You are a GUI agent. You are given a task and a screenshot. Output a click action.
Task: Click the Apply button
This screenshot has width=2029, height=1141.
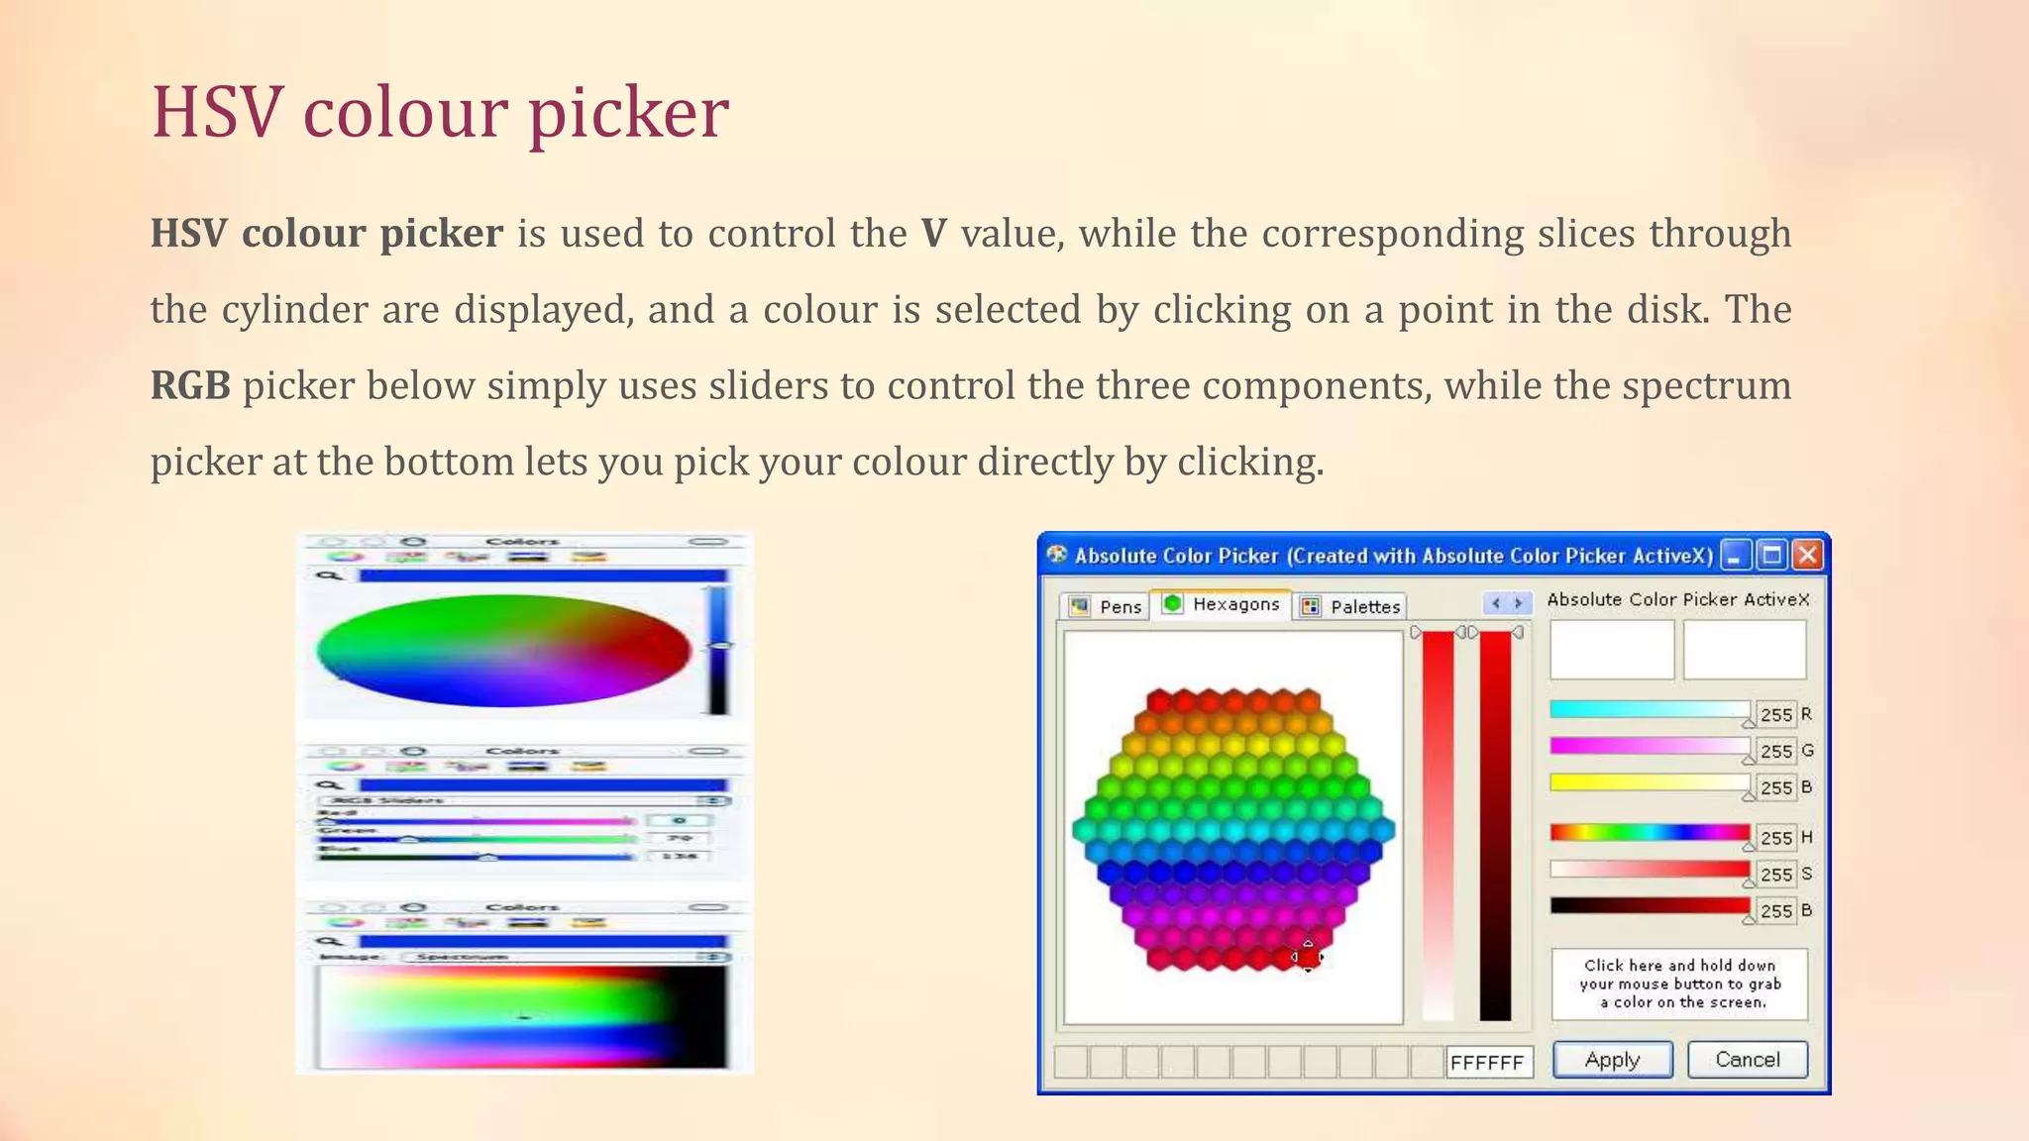pyautogui.click(x=1612, y=1060)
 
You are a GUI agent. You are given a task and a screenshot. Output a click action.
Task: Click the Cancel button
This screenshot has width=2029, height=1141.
pyautogui.click(x=1747, y=1060)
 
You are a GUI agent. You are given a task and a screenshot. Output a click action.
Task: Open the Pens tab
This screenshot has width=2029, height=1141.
pyautogui.click(x=1107, y=606)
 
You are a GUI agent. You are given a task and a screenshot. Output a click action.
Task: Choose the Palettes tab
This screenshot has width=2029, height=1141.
pyautogui.click(x=1351, y=606)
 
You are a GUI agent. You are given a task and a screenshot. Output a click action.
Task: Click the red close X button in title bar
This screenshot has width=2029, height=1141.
pyautogui.click(x=1808, y=555)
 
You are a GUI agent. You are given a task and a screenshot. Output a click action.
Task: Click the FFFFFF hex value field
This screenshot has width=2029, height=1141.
pyautogui.click(x=1488, y=1063)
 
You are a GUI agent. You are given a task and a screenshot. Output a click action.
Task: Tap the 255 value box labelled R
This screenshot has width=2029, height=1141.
pyautogui.click(x=1775, y=714)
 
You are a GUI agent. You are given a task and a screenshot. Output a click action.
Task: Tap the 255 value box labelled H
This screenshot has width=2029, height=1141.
pyautogui.click(x=1775, y=838)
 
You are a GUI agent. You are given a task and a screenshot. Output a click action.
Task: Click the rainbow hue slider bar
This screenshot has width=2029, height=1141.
pyautogui.click(x=1649, y=832)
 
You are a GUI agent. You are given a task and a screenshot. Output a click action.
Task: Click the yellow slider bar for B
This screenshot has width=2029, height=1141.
pyautogui.click(x=1649, y=782)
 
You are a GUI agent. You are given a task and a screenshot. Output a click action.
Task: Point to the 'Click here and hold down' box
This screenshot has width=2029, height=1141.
pyautogui.click(x=1679, y=984)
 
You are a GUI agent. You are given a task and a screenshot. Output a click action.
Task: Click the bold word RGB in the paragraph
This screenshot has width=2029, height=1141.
pyautogui.click(x=190, y=385)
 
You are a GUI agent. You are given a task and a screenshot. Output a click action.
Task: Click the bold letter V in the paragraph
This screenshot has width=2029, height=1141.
pyautogui.click(x=932, y=234)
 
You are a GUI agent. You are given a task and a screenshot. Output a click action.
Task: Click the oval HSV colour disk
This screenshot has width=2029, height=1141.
pyautogui.click(x=503, y=651)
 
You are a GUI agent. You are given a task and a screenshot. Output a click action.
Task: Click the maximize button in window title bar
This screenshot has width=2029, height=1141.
pyautogui.click(x=1771, y=555)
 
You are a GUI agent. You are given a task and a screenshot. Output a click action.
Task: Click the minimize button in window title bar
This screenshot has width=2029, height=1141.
pyautogui.click(x=1735, y=555)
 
